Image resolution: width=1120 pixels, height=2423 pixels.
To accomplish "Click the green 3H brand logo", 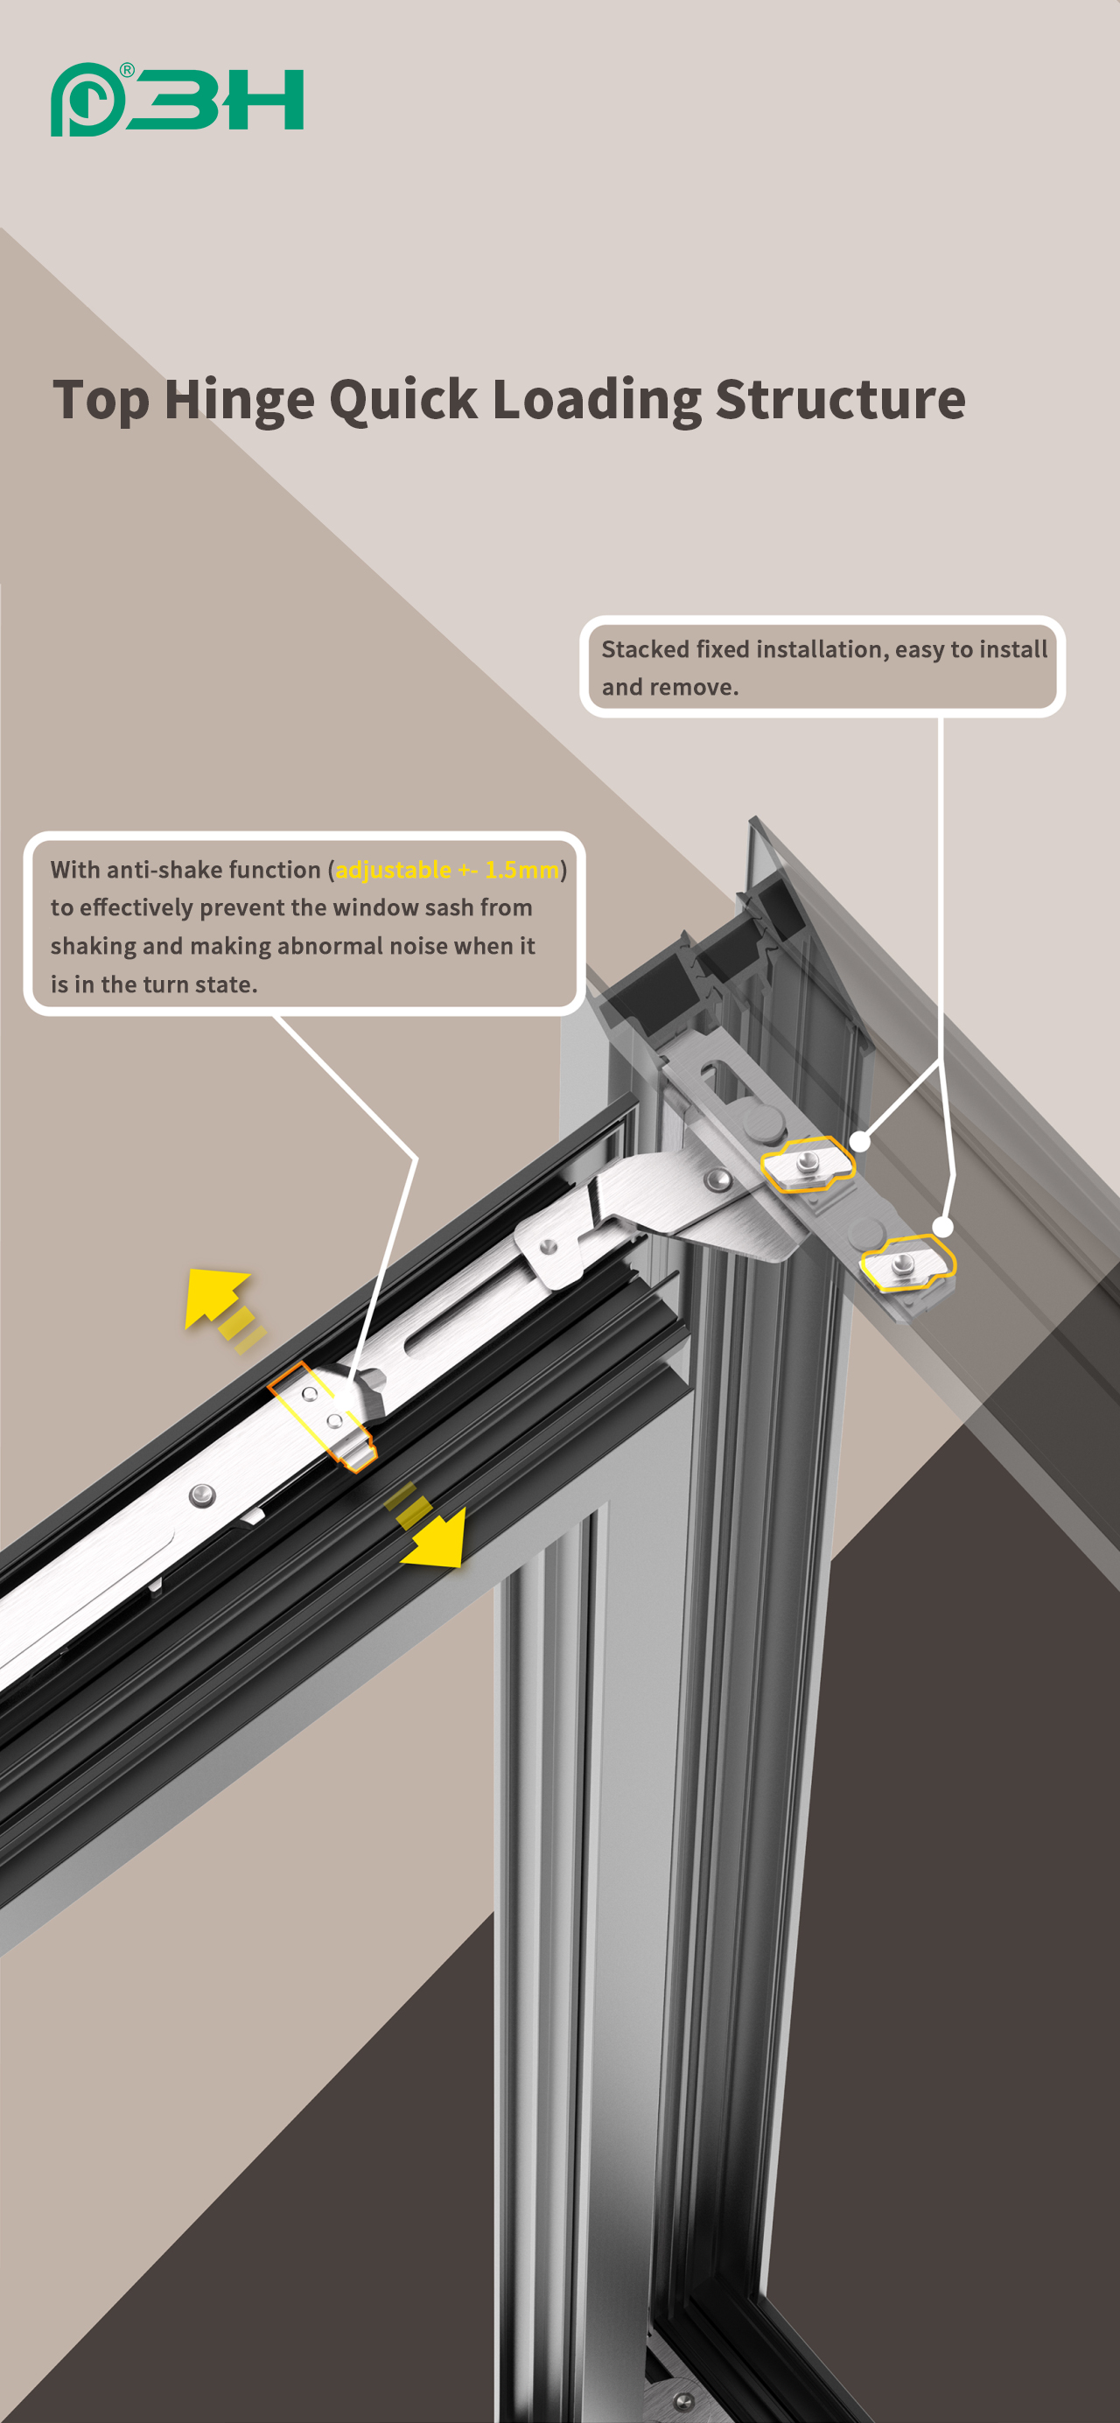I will click(177, 100).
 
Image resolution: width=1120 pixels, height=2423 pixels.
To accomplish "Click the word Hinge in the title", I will click(239, 400).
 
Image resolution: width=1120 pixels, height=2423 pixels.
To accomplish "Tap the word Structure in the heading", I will click(840, 400).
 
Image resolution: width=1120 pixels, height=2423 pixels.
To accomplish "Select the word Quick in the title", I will click(403, 400).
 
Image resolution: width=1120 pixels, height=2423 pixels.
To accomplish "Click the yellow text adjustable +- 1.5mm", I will click(446, 870).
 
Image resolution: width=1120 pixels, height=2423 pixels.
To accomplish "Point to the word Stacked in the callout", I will click(644, 649).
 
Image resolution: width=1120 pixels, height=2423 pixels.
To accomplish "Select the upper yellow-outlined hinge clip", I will click(807, 1165).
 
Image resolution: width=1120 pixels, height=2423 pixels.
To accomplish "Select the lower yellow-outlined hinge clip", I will click(906, 1264).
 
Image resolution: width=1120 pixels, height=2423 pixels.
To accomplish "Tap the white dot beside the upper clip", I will click(859, 1142).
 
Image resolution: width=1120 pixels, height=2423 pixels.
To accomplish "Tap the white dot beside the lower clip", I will click(942, 1227).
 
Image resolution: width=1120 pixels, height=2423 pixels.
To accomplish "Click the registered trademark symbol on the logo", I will click(127, 71).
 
